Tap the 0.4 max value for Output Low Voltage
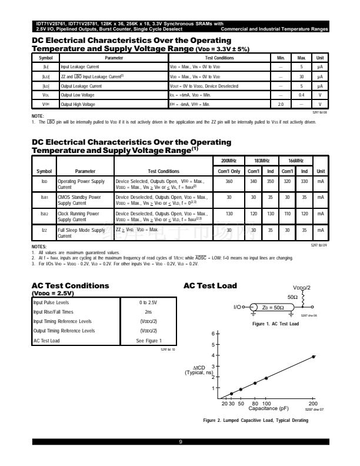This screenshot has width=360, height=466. click(301, 95)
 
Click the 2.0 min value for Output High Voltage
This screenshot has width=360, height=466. click(281, 104)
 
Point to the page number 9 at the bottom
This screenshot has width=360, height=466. click(180, 441)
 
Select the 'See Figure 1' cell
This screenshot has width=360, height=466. click(148, 340)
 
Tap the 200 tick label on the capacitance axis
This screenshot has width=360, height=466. click(314, 403)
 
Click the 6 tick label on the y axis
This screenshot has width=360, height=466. click(213, 334)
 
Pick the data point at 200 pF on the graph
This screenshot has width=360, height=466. click(314, 357)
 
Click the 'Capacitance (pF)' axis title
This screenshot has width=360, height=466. click(268, 408)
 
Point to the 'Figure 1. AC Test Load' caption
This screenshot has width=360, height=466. click(275, 324)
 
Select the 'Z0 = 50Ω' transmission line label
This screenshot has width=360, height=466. click(272, 307)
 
